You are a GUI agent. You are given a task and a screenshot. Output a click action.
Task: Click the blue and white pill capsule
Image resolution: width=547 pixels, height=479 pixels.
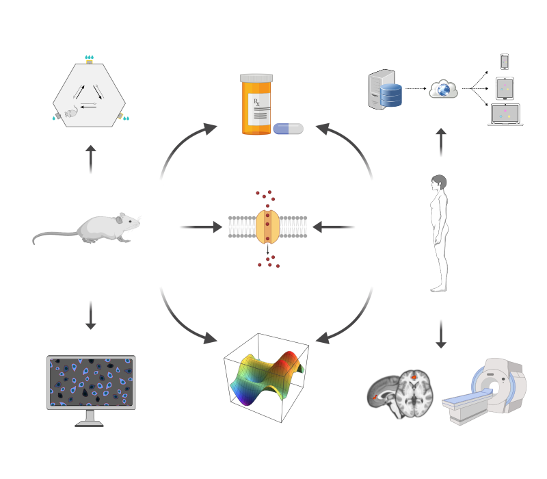288,129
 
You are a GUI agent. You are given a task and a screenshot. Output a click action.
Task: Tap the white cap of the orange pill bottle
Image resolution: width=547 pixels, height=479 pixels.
256,78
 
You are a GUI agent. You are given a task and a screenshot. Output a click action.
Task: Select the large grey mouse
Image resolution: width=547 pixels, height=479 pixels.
103,229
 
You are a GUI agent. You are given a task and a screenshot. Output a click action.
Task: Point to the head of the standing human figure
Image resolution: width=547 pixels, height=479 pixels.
438,184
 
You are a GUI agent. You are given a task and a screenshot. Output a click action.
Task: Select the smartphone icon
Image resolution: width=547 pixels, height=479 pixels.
505,62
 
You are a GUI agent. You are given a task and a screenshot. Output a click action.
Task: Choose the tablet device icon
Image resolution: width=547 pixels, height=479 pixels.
505,88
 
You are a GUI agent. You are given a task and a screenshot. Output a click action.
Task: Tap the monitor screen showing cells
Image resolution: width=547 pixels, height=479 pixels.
90,382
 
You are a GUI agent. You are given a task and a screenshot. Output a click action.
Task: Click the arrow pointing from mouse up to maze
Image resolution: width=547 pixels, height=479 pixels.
90,158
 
